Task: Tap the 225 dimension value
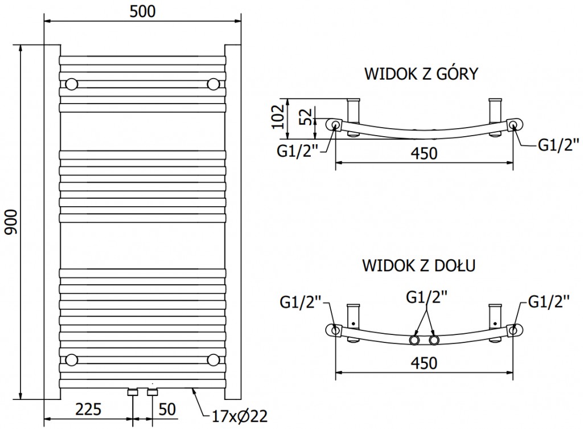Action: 88,408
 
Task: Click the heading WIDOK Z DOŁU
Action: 419,265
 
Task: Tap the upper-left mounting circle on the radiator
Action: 72,84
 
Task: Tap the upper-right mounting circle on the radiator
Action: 214,84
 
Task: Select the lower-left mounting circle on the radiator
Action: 72,359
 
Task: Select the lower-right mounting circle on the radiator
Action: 214,359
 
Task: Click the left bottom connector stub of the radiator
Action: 133,393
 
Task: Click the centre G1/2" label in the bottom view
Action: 426,297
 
